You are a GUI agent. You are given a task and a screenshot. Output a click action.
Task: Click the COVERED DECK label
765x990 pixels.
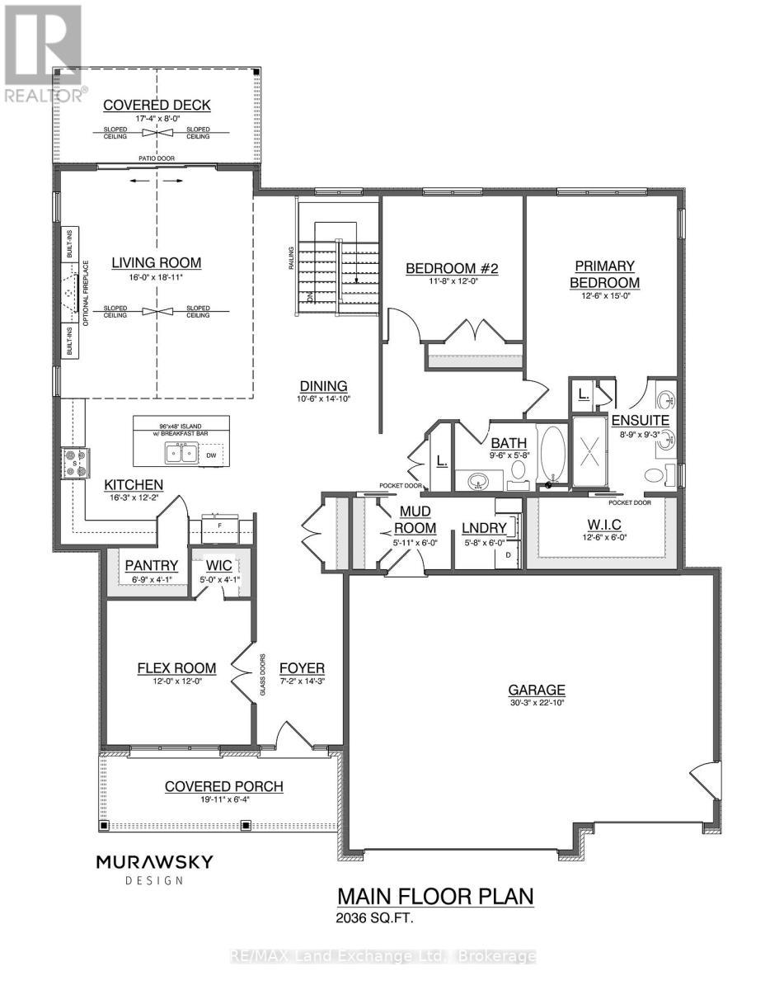[x=157, y=105]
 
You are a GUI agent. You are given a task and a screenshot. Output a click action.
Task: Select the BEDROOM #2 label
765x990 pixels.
[x=453, y=268]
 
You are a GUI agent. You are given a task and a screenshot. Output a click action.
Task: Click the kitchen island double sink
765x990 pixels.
[x=181, y=453]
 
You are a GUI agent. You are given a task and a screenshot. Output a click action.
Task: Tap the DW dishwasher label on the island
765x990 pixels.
[x=212, y=455]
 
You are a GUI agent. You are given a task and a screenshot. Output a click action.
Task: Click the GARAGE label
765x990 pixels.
[x=537, y=690]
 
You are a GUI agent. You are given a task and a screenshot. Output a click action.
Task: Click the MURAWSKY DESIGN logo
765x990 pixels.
[x=155, y=869]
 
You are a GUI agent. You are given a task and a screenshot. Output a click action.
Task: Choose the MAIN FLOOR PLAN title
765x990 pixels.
[x=436, y=897]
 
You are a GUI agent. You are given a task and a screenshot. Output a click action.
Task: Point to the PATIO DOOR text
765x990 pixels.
[x=156, y=157]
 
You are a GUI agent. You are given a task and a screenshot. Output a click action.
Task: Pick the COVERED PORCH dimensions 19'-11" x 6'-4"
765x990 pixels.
[x=224, y=800]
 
